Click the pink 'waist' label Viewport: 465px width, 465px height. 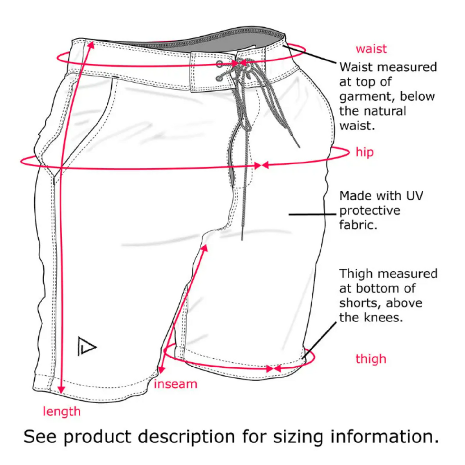coord(371,49)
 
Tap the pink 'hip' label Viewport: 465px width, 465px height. coord(364,152)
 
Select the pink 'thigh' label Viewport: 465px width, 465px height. coord(370,359)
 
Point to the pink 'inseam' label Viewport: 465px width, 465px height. coord(175,384)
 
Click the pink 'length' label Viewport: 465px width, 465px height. coord(61,412)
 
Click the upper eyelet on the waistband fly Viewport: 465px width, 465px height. coord(219,64)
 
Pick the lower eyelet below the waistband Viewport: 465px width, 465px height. coord(219,78)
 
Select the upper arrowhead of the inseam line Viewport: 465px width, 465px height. coord(204,248)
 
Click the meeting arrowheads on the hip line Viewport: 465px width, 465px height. coord(261,165)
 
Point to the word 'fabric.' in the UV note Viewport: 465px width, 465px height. coord(358,225)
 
